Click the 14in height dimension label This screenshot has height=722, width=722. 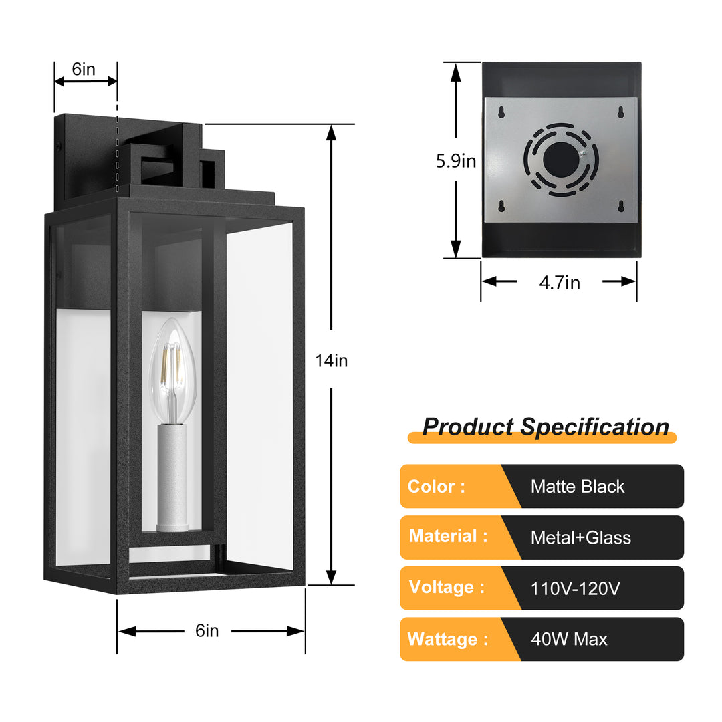332,361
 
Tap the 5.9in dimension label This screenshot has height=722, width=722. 456,161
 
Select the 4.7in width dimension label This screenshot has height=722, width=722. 560,283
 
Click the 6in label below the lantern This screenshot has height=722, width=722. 207,630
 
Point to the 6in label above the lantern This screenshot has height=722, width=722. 84,69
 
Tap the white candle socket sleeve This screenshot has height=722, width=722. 171,476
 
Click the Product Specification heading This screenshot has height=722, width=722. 545,427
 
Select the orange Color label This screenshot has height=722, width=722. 436,487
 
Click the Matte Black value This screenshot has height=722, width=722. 577,487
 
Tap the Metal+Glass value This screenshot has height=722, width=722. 580,537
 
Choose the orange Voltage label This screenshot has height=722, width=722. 447,588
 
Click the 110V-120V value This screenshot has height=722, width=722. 575,589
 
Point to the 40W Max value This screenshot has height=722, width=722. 569,640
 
